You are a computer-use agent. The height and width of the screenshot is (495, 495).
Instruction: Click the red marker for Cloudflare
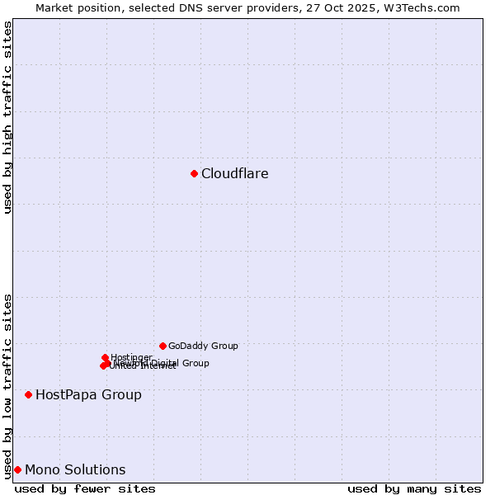pyautogui.click(x=194, y=173)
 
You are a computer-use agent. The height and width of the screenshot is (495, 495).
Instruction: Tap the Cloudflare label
pyautogui.click(x=235, y=174)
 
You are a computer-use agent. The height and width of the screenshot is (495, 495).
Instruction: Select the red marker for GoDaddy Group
pyautogui.click(x=163, y=346)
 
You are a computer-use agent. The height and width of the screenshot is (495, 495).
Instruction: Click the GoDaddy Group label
pyautogui.click(x=203, y=346)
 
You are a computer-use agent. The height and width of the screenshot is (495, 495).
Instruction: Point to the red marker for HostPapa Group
pyautogui.click(x=28, y=394)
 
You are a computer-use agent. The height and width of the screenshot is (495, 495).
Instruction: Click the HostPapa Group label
pyautogui.click(x=88, y=395)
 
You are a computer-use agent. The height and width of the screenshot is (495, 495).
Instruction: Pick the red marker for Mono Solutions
pyautogui.click(x=17, y=469)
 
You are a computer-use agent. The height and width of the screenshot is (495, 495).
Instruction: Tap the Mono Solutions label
pyautogui.click(x=75, y=470)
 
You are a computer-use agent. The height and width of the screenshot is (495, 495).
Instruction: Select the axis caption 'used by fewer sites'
pyautogui.click(x=85, y=489)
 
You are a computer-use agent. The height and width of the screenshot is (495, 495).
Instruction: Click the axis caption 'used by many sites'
pyautogui.click(x=414, y=489)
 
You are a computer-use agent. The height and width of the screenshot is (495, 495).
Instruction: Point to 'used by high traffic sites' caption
pyautogui.click(x=8, y=117)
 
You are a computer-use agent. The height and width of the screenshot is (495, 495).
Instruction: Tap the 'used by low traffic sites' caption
pyautogui.click(x=8, y=385)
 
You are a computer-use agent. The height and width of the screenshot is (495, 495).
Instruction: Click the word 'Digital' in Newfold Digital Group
pyautogui.click(x=166, y=363)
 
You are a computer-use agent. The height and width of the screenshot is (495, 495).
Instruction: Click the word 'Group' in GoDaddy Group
pyautogui.click(x=224, y=346)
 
